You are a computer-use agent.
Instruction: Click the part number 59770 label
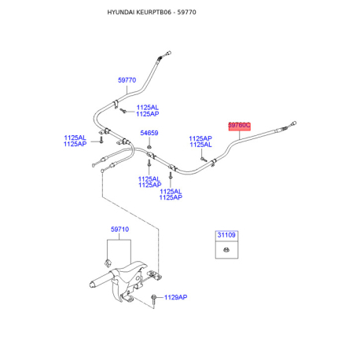click(127, 80)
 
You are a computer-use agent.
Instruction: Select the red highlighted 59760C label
click(239, 126)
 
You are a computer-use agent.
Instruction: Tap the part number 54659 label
click(149, 133)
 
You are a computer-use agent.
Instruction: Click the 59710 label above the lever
click(119, 230)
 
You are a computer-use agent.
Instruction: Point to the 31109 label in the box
click(226, 235)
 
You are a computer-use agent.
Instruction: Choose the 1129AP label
click(175, 297)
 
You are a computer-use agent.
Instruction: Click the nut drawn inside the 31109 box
click(226, 250)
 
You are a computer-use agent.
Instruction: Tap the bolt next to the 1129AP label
click(154, 299)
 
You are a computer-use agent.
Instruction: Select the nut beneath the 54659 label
click(149, 146)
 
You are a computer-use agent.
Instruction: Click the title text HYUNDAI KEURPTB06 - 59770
click(152, 13)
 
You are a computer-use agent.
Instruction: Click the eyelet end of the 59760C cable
click(294, 123)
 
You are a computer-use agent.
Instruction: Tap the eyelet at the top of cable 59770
click(169, 53)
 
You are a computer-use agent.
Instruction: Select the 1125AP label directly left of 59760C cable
click(200, 138)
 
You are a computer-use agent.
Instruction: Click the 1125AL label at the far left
click(75, 138)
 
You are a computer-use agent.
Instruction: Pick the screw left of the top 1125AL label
click(123, 111)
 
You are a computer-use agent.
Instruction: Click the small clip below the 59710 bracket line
click(108, 263)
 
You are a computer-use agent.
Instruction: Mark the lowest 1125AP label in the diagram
click(171, 197)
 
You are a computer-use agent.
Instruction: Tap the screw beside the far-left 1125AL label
click(101, 139)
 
